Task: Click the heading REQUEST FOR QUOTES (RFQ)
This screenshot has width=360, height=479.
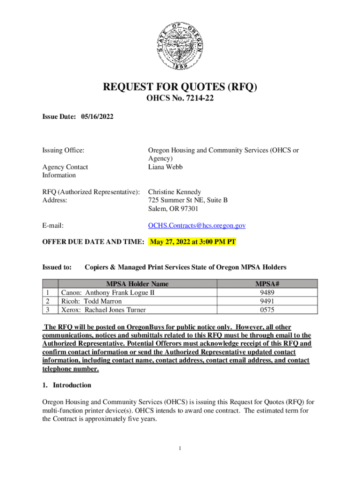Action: click(180, 87)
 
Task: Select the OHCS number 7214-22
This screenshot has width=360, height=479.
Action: click(180, 100)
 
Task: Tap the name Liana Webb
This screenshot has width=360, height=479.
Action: click(166, 167)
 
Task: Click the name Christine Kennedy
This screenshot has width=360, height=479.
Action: click(174, 192)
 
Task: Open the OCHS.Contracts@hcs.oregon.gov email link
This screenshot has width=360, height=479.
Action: click(197, 225)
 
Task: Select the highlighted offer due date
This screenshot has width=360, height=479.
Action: click(193, 242)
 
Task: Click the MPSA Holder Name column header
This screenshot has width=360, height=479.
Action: click(137, 284)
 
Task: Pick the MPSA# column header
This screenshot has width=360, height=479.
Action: click(267, 284)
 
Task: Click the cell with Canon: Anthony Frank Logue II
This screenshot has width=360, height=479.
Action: click(108, 292)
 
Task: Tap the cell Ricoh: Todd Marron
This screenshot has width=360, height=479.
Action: click(92, 301)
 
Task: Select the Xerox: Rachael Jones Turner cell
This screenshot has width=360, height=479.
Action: click(103, 310)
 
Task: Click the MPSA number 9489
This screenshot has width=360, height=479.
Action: click(267, 292)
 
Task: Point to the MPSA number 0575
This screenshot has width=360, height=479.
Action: click(267, 310)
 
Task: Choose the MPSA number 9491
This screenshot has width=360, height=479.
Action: click(267, 301)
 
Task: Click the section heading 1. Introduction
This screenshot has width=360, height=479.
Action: click(67, 385)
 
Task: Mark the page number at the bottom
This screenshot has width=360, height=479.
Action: click(180, 449)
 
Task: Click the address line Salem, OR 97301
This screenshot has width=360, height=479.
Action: click(173, 209)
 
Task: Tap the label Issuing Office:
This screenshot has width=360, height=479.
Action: click(64, 150)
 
